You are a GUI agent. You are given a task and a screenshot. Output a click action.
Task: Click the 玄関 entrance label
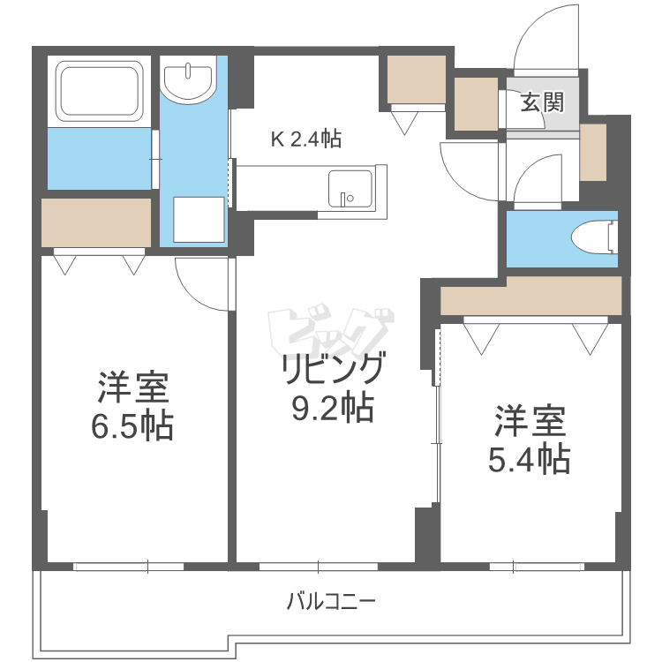541,103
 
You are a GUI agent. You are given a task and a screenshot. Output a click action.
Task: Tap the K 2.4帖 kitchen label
305,139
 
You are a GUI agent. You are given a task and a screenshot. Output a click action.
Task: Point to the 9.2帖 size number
331,408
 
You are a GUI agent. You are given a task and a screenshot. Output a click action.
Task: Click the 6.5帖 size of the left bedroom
132,427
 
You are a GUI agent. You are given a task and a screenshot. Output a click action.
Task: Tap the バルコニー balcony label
331,603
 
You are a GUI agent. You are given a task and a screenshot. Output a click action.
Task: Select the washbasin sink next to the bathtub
190,81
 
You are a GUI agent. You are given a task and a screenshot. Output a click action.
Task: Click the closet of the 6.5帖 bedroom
96,223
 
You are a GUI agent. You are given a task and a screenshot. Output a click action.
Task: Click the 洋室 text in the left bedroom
132,389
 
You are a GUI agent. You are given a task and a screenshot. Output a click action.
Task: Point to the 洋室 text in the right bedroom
529,421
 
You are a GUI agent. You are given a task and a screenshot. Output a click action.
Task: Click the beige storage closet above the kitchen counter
418,79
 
